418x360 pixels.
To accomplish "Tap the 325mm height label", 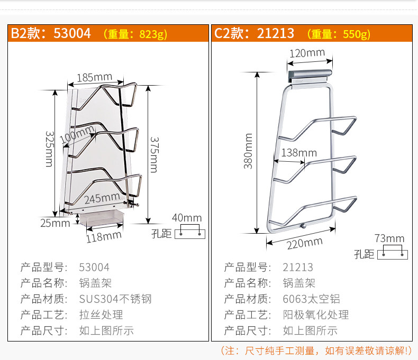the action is pos(49,149).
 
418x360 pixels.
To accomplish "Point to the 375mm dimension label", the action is pos(153,154).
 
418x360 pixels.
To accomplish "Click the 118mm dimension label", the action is pos(104,235).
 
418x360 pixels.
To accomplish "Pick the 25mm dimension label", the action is pos(55,223).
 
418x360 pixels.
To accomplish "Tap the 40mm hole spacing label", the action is pos(187,218).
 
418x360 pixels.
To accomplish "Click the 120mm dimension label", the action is pos(306,53).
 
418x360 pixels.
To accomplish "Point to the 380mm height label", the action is pos(248,151).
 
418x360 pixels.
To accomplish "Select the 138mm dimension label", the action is pos(299,153).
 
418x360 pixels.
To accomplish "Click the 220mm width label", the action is pos(304,243).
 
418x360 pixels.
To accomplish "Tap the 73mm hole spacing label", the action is pos(389,238).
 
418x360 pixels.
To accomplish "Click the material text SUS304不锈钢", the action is pos(115,299).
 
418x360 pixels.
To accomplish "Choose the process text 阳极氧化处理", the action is pos(316,315).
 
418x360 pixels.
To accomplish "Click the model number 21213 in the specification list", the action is pos(298,267).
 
